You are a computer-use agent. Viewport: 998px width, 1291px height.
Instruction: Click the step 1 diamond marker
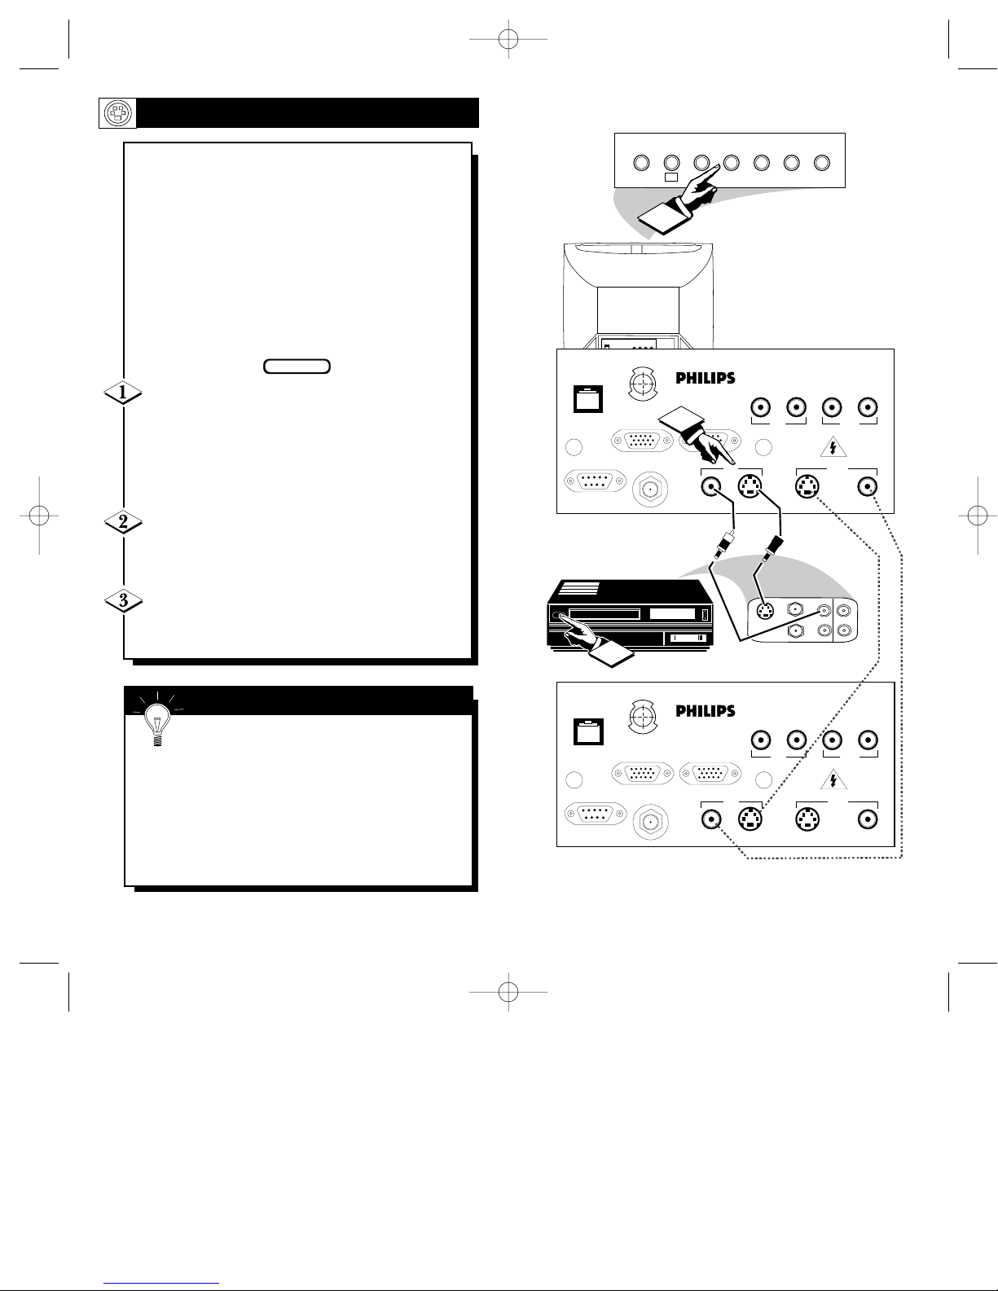click(x=123, y=392)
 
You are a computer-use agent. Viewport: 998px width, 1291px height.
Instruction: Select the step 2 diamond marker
click(x=123, y=521)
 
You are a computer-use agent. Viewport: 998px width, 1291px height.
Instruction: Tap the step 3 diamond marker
click(x=123, y=600)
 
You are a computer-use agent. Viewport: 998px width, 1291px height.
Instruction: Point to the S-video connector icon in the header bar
click(x=117, y=113)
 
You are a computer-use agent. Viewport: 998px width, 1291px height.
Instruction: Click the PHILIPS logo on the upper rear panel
click(x=706, y=378)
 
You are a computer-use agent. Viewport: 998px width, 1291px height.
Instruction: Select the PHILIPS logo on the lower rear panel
click(x=706, y=710)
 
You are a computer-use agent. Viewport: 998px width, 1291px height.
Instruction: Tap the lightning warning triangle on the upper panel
click(x=833, y=447)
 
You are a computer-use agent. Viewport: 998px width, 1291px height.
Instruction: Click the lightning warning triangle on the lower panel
click(x=833, y=780)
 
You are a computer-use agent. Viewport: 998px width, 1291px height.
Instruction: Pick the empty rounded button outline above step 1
click(x=297, y=367)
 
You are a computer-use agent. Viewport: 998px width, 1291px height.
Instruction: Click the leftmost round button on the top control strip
click(x=641, y=163)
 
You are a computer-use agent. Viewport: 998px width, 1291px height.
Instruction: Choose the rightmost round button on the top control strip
click(x=821, y=163)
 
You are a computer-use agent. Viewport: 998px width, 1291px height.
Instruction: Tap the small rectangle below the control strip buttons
click(x=670, y=177)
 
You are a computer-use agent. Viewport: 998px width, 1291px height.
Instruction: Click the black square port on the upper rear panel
click(x=588, y=399)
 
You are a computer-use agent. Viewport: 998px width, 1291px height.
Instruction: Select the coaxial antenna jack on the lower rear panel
click(x=650, y=822)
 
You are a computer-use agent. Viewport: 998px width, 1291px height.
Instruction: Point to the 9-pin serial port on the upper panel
click(x=596, y=481)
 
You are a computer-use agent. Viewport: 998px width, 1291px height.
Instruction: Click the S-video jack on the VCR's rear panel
click(x=765, y=610)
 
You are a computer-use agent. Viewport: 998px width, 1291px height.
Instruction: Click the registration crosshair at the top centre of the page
click(x=508, y=39)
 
